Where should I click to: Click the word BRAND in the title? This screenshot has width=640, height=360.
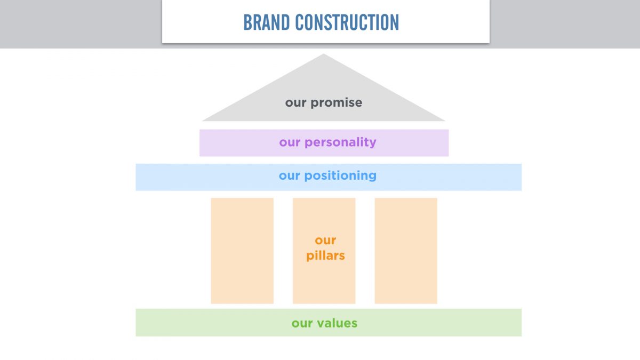pos(267,22)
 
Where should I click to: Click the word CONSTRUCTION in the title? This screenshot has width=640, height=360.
pos(347,22)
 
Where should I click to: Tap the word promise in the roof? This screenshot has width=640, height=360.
pos(337,103)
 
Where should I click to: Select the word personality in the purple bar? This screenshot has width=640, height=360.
pos(340,142)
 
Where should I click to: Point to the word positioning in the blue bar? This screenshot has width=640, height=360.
pos(340,175)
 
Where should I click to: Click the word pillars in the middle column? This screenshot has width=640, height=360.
pos(325,255)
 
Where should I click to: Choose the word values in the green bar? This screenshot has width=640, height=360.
pos(337,323)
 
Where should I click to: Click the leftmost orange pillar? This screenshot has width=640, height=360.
pos(242,251)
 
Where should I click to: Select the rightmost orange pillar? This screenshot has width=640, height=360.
pos(406,251)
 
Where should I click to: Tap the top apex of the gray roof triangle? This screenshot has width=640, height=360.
pos(323,54)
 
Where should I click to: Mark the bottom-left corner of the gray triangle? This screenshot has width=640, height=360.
pos(203,121)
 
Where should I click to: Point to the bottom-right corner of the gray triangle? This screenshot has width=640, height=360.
pos(445,121)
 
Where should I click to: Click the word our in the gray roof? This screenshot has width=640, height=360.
pos(295,103)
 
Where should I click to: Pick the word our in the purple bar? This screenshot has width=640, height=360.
pos(290,142)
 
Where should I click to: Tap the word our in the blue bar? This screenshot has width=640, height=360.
pos(290,175)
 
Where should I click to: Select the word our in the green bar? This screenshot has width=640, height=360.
pos(302,323)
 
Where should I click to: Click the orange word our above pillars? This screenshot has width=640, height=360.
pos(325,241)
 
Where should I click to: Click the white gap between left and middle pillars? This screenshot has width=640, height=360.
pos(283,251)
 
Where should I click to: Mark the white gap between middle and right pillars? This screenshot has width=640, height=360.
pos(365,251)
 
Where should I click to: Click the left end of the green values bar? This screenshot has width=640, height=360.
pos(137,323)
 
